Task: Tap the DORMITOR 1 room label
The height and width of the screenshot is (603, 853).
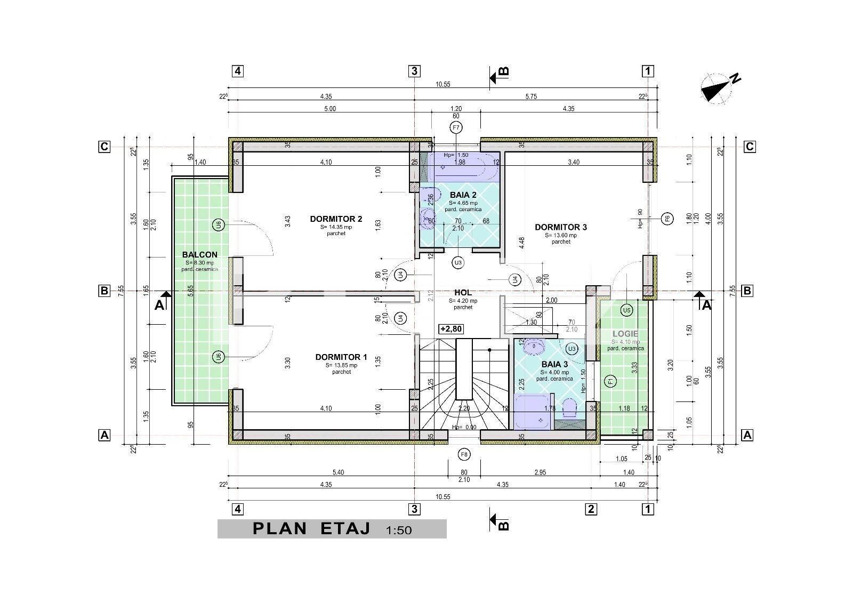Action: (341, 357)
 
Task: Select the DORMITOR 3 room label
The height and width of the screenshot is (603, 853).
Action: (560, 227)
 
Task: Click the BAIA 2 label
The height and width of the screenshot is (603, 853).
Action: (463, 195)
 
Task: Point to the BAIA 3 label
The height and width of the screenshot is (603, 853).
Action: (554, 365)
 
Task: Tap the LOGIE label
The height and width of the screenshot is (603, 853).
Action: (625, 334)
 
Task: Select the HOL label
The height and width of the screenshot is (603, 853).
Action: (463, 293)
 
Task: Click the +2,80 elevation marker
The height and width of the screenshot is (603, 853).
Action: (451, 329)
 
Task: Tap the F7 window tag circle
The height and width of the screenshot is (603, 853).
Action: (456, 127)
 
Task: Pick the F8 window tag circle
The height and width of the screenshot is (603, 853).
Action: (464, 454)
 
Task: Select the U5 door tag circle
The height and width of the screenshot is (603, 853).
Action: (626, 310)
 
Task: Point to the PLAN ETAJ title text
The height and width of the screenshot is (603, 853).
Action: (311, 528)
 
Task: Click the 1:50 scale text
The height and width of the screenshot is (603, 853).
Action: (399, 529)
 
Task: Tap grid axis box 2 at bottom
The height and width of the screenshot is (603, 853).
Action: (590, 509)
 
